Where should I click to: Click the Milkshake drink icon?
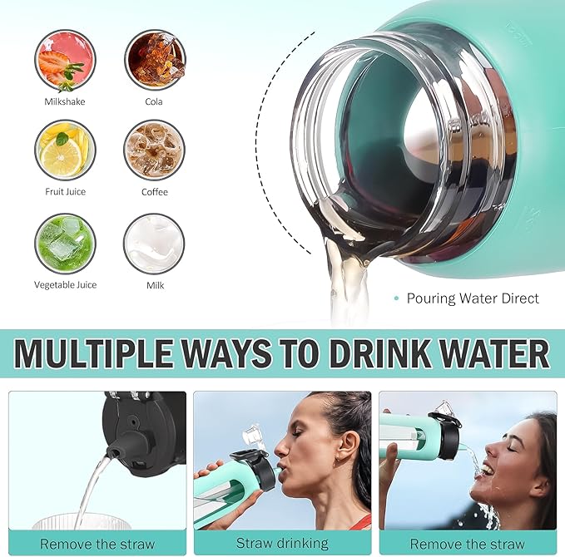[x=65, y=59]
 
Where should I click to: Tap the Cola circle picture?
[x=155, y=59]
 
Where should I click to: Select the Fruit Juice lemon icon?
[x=65, y=150]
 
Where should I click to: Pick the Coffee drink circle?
[x=155, y=150]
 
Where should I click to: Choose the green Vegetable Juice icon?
[x=65, y=243]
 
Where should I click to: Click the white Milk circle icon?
[x=155, y=243]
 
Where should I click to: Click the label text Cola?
[x=154, y=101]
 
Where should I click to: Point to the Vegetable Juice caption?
[x=65, y=285]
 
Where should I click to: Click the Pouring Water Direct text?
[x=473, y=298]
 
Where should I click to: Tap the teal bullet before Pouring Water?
[x=397, y=298]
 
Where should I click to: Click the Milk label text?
[x=155, y=285]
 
